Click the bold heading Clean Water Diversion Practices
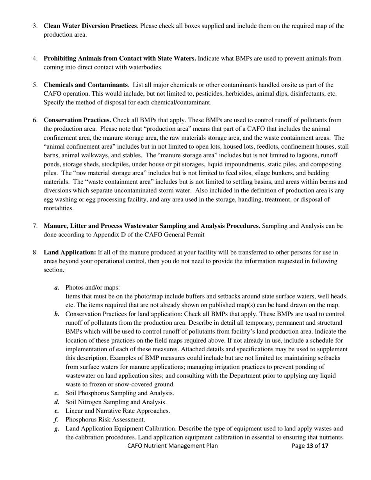(90, 26)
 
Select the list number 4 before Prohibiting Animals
(35, 59)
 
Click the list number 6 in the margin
(35, 120)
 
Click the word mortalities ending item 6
(59, 208)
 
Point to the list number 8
(35, 252)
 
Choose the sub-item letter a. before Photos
(57, 288)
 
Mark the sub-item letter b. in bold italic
(57, 314)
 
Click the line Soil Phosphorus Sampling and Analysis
(120, 393)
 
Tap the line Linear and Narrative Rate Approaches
(118, 411)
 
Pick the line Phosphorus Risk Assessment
(105, 420)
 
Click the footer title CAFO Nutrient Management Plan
(173, 446)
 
